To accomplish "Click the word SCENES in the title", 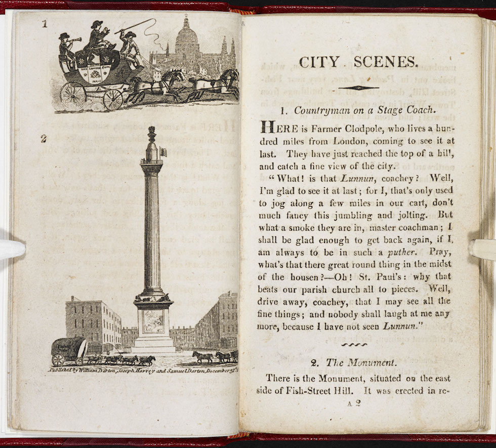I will pos(386,62).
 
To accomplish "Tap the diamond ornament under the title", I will pos(358,88).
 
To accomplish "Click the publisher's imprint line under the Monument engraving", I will pos(141,371).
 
